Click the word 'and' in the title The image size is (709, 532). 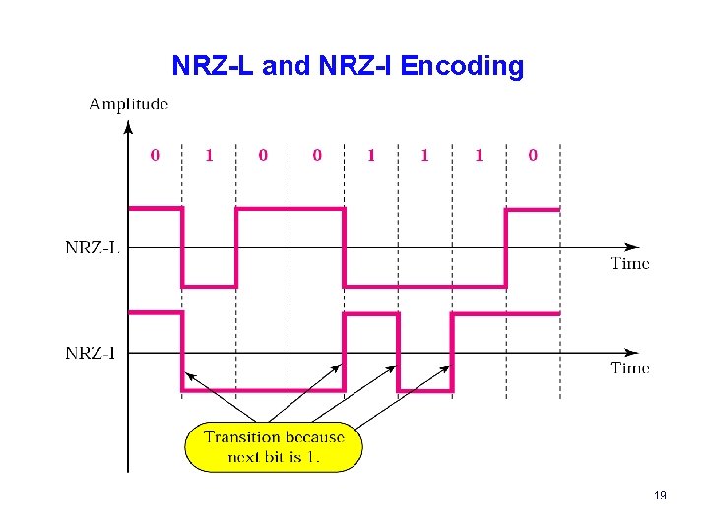[x=286, y=66]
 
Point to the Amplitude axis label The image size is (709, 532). [x=128, y=102]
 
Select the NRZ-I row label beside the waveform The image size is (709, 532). [x=91, y=352]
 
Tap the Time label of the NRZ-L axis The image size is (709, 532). [x=630, y=263]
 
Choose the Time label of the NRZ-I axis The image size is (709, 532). [x=630, y=367]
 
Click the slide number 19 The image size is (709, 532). [x=660, y=495]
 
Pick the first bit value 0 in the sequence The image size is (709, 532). [x=154, y=155]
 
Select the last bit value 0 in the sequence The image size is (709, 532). [x=533, y=155]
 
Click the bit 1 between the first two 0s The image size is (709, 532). [x=208, y=155]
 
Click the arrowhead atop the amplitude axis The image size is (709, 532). [x=128, y=125]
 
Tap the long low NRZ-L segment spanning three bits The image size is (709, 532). [x=424, y=286]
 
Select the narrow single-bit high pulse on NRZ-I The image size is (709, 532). [x=370, y=314]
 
